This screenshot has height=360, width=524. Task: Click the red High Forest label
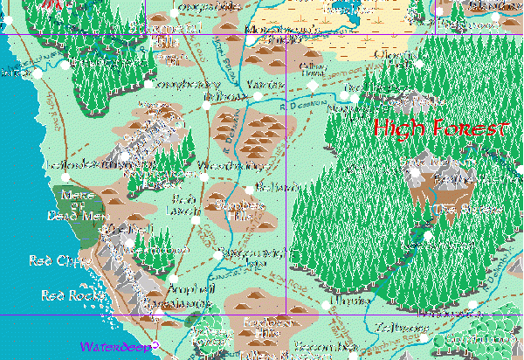pyautogui.click(x=440, y=129)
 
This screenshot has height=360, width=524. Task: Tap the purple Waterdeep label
pyautogui.click(x=109, y=347)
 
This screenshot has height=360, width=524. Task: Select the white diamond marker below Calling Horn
pyautogui.click(x=314, y=85)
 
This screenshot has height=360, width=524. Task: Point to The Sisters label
pyautogui.click(x=467, y=209)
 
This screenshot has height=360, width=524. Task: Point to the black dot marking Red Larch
pyautogui.click(x=196, y=218)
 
